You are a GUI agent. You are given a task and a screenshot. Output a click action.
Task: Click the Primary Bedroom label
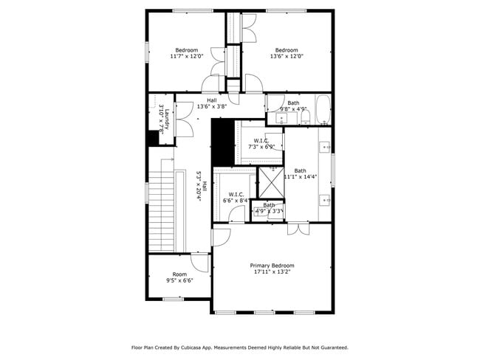272,266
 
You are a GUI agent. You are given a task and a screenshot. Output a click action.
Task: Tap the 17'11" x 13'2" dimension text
272,272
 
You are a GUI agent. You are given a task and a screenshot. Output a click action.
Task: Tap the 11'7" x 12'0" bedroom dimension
186,56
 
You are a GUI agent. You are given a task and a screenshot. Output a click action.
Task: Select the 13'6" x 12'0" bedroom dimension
287,56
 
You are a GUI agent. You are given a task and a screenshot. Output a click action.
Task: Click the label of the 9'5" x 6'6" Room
180,274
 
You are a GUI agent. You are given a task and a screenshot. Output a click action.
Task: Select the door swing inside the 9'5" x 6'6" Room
199,263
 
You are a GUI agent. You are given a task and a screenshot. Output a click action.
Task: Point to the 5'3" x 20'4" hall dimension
199,187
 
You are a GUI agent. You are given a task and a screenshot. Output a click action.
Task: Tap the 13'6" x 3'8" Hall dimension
212,106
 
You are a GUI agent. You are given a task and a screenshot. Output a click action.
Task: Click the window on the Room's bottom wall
173,298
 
